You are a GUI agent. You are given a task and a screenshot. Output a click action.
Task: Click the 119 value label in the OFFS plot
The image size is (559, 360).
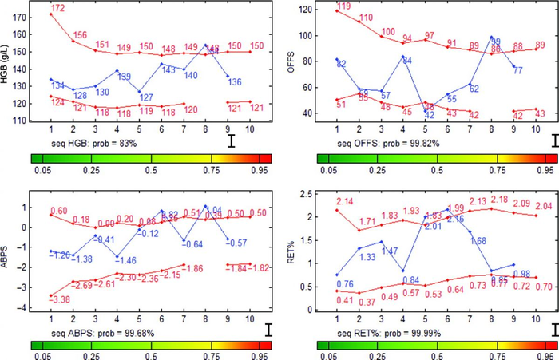[344, 6]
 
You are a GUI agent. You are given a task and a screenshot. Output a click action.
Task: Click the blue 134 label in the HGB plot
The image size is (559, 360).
[57, 85]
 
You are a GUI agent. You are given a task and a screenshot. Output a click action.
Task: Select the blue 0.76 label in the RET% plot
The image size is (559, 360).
[345, 284]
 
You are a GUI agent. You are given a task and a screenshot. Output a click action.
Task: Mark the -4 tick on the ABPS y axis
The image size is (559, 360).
[26, 307]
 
